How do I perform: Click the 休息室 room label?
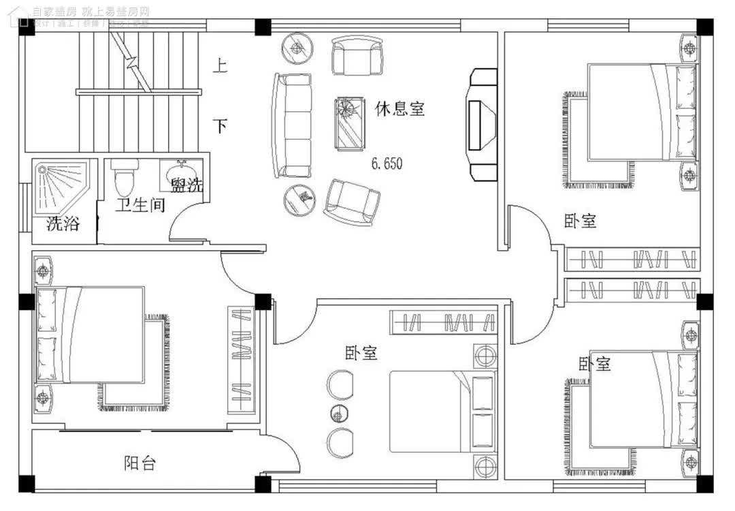click(399, 108)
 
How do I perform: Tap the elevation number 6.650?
click(387, 164)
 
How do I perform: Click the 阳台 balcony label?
click(140, 463)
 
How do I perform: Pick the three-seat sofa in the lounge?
click(293, 126)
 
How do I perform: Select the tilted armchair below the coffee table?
click(351, 202)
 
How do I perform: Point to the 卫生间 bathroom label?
click(140, 204)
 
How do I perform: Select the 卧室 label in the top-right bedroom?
click(580, 221)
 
